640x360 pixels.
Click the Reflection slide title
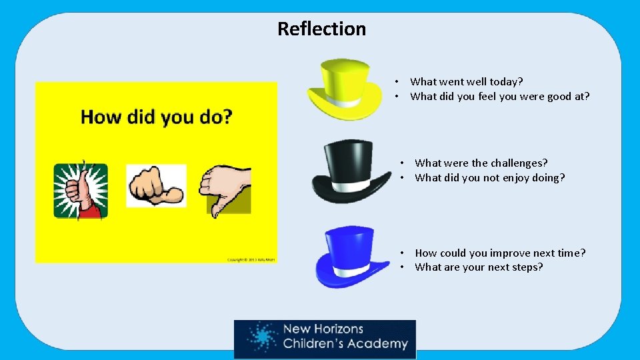coord(321,29)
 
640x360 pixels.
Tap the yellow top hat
coord(344,87)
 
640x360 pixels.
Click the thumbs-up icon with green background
coord(81,190)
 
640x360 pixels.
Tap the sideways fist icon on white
coord(156,186)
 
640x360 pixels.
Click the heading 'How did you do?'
coord(156,117)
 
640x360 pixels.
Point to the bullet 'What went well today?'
coord(467,81)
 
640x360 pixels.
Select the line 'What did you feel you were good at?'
coord(500,96)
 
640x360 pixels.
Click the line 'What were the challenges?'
coord(481,163)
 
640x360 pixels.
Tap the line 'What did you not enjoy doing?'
coord(489,177)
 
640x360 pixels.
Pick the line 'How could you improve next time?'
coord(500,253)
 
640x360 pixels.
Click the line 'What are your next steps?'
coord(479,267)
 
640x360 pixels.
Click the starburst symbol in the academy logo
coord(260,338)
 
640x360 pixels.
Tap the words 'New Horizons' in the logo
coord(323,329)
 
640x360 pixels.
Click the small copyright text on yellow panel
coord(251,259)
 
